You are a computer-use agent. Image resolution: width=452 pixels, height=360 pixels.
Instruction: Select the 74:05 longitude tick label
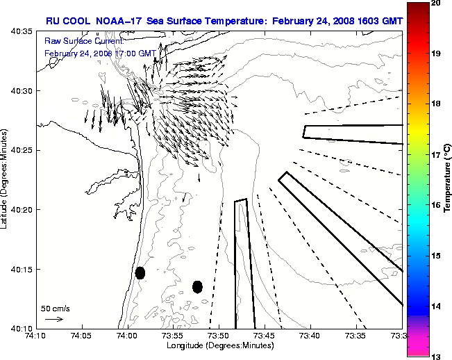click(81, 336)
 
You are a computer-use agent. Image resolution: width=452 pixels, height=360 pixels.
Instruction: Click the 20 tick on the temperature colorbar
click(435, 3)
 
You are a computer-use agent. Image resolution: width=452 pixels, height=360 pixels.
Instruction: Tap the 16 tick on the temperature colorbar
click(435, 206)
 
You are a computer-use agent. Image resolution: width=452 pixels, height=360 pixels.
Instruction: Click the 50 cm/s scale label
click(55, 308)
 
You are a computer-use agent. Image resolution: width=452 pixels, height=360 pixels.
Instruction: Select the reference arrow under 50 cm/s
click(54, 319)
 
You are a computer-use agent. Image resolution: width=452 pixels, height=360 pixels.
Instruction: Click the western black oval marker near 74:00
click(140, 272)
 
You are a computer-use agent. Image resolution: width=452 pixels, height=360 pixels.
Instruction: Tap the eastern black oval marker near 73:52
click(197, 286)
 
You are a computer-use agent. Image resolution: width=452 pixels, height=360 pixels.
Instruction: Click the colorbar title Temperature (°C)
click(448, 180)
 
